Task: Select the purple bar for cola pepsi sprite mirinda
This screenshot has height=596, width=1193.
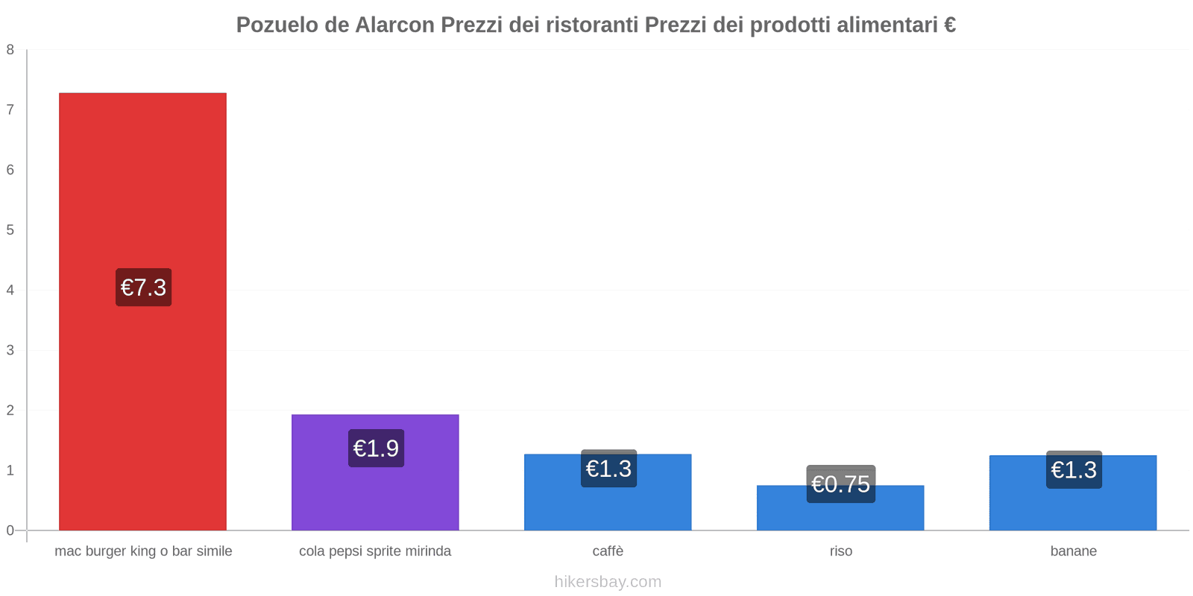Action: (x=375, y=492)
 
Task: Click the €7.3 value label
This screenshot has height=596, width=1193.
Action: (x=143, y=288)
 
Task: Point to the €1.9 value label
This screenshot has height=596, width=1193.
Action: (x=376, y=448)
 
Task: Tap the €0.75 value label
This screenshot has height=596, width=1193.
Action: (x=840, y=484)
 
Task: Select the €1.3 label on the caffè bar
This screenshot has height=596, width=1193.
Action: (x=608, y=469)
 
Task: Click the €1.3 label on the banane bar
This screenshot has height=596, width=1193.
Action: (x=1074, y=470)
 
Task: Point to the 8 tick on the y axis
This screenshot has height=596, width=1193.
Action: (x=10, y=50)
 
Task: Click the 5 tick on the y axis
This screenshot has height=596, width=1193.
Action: (x=10, y=230)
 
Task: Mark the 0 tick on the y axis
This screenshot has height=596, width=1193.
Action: (x=10, y=530)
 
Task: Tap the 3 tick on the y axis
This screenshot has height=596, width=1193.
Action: (x=10, y=350)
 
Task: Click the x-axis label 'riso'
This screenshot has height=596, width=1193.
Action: (x=840, y=551)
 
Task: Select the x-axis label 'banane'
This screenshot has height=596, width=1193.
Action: (x=1073, y=551)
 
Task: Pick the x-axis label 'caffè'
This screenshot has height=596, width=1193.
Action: (x=608, y=551)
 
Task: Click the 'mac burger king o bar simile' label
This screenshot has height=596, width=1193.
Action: (x=143, y=551)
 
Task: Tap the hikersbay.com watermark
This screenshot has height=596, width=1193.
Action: (x=608, y=582)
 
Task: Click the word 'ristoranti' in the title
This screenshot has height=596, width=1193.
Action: (x=592, y=25)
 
